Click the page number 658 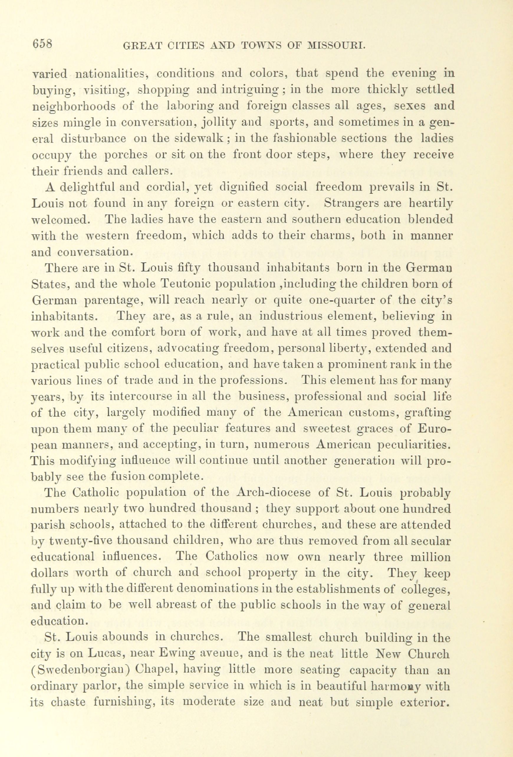click(42, 44)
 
